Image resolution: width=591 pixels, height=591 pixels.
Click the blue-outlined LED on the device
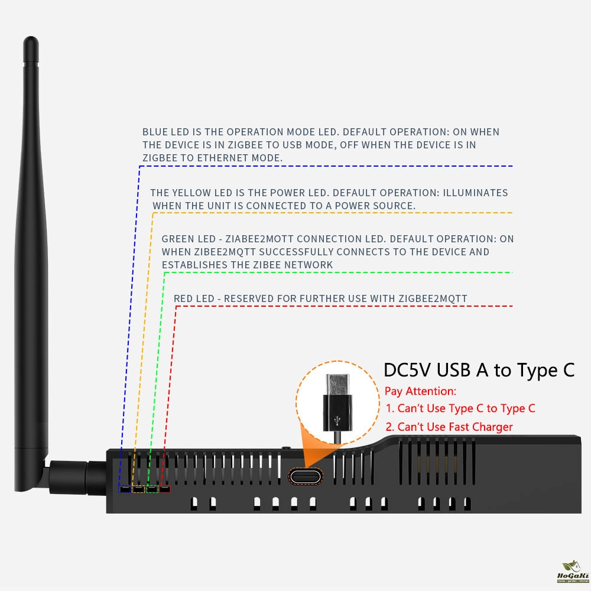click(x=125, y=489)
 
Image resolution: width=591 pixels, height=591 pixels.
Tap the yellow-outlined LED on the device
click(x=138, y=489)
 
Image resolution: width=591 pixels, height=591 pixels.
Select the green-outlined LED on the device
click(x=152, y=489)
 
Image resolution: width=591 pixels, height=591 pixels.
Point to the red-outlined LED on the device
click(x=165, y=489)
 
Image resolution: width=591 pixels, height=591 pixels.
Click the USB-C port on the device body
click(x=306, y=476)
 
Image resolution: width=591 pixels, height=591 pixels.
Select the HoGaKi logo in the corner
click(x=573, y=571)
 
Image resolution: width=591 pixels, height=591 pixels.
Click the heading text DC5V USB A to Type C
click(x=479, y=370)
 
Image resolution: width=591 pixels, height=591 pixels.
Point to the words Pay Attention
click(x=420, y=391)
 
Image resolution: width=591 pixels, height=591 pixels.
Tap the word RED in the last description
click(x=183, y=298)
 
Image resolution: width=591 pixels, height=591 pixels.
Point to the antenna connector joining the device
click(x=77, y=477)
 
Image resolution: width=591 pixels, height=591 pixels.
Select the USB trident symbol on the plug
click(x=337, y=421)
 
